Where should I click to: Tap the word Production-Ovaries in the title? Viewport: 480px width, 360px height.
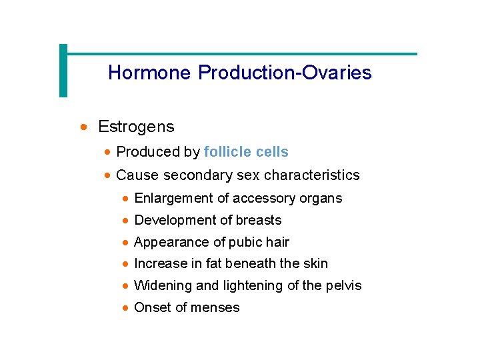(x=285, y=73)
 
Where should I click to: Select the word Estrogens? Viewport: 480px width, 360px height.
(x=136, y=127)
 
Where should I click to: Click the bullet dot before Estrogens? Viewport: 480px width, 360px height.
(x=83, y=127)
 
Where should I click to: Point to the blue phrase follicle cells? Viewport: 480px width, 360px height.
(x=246, y=152)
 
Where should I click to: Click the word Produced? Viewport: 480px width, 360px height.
(x=141, y=152)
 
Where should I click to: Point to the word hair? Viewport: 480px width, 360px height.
(x=277, y=242)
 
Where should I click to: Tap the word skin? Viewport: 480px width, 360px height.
(x=315, y=263)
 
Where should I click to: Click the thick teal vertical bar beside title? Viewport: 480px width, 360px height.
(x=63, y=70)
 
